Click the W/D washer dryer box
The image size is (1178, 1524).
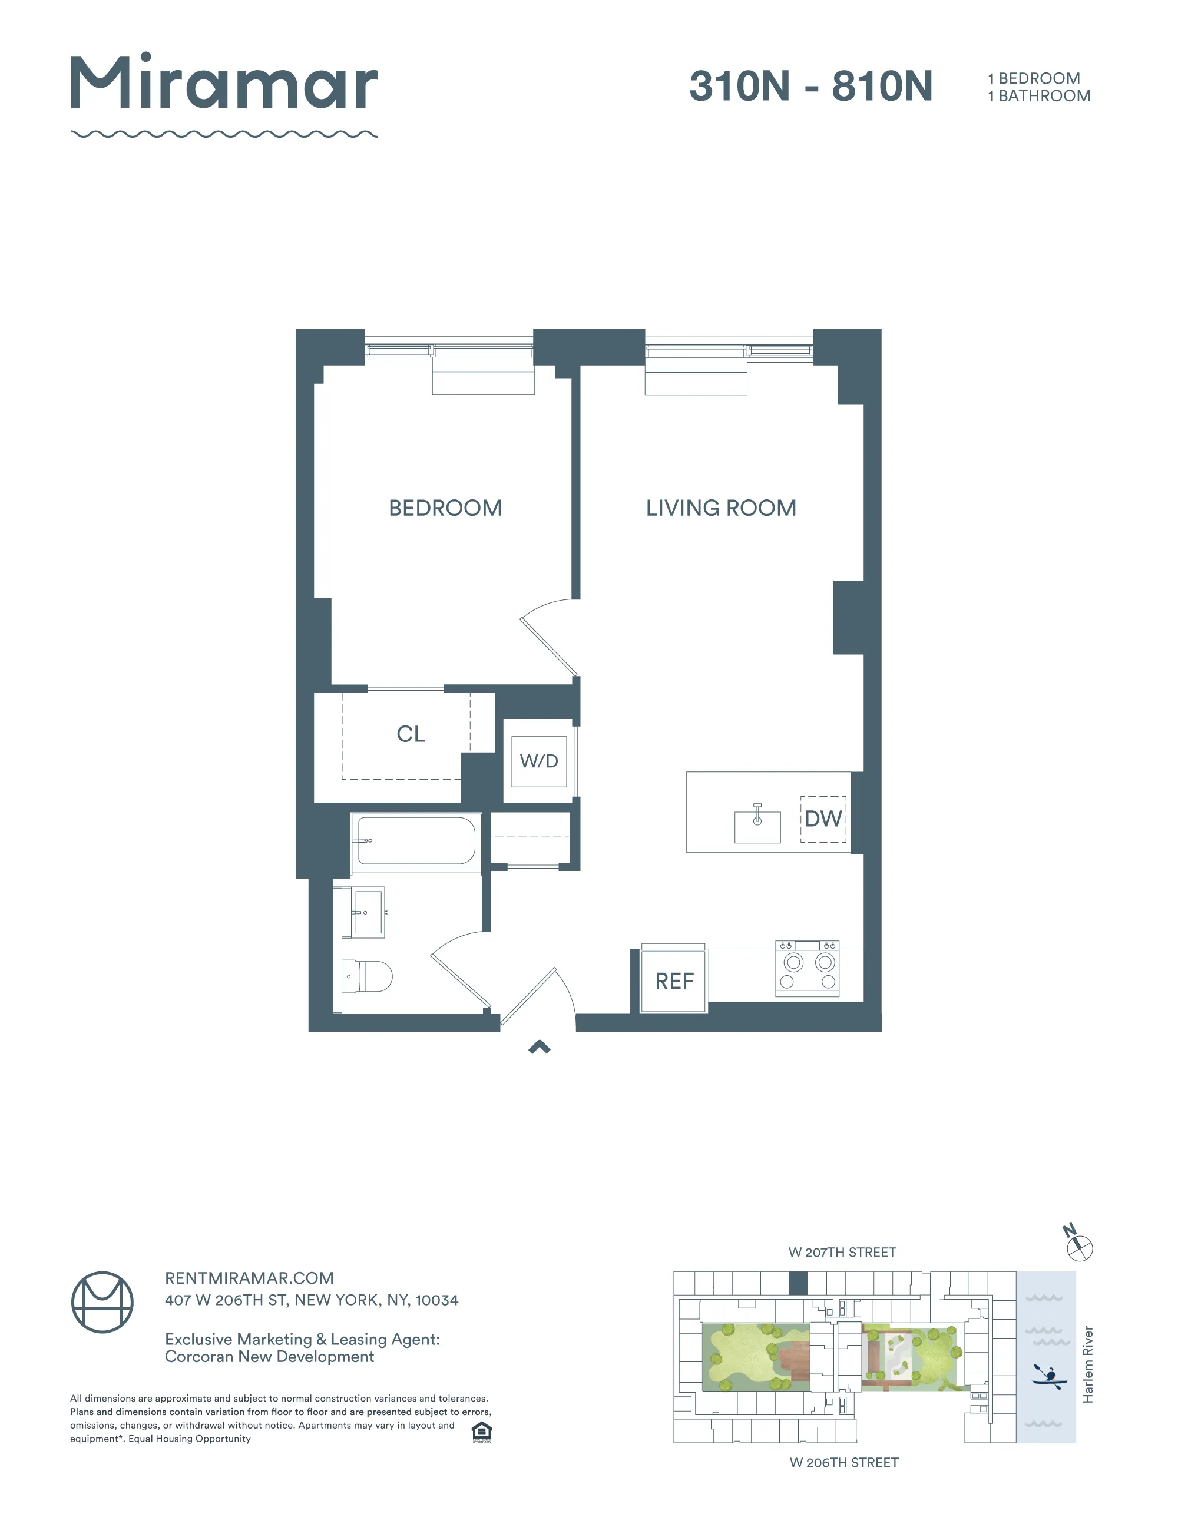[x=539, y=761]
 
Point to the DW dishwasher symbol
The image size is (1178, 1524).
[x=823, y=819]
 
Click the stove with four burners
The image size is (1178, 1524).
[x=808, y=969]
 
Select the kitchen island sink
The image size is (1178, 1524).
[x=757, y=826]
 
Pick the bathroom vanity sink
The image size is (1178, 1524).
[x=367, y=912]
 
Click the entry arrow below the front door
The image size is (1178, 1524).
[x=540, y=1046]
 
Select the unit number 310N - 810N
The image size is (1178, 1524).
[x=810, y=87]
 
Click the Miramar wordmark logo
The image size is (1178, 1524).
[x=224, y=84]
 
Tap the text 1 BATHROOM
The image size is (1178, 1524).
[x=1038, y=97]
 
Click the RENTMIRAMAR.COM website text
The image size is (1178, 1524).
[x=249, y=1278]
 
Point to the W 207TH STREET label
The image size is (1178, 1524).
[x=842, y=1252]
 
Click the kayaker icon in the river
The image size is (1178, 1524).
[x=1048, y=1376]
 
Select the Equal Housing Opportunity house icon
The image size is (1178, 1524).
[x=482, y=1432]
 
